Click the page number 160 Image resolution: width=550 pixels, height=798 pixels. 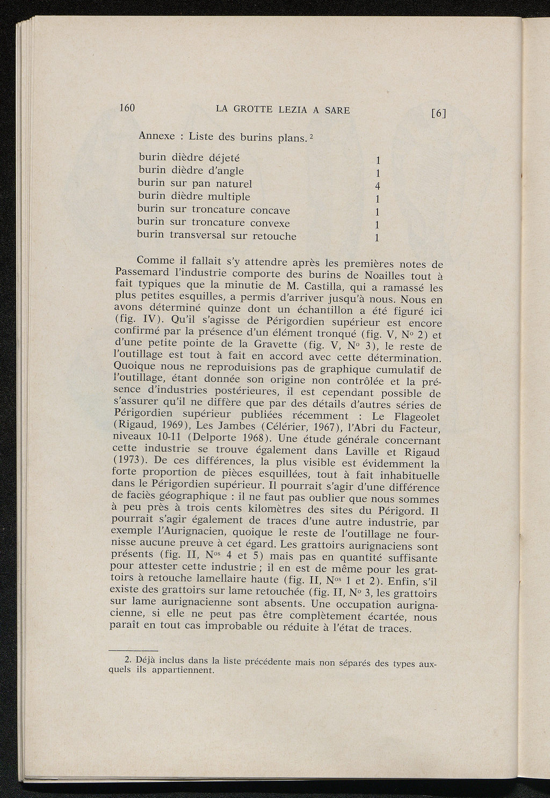coord(126,107)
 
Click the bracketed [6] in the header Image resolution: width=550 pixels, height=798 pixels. coord(438,113)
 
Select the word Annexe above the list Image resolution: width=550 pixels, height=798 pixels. coord(156,136)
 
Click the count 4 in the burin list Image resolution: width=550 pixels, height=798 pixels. coord(378,187)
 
